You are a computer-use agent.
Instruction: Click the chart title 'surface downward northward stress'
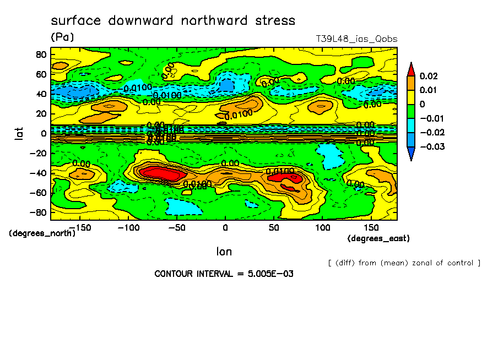click(173, 21)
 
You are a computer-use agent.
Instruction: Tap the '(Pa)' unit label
click(62, 37)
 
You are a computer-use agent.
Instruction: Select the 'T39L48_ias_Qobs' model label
click(356, 39)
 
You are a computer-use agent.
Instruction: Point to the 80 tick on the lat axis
click(40, 54)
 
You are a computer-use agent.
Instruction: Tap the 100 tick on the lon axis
click(322, 227)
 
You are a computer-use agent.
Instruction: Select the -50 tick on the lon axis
click(176, 227)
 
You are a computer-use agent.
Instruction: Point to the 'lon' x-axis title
click(224, 252)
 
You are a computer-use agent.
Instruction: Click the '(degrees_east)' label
click(378, 238)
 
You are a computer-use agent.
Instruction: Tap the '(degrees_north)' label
click(42, 233)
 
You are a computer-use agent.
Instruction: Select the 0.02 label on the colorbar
click(428, 75)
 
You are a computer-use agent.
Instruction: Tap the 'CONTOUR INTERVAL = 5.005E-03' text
click(224, 274)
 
